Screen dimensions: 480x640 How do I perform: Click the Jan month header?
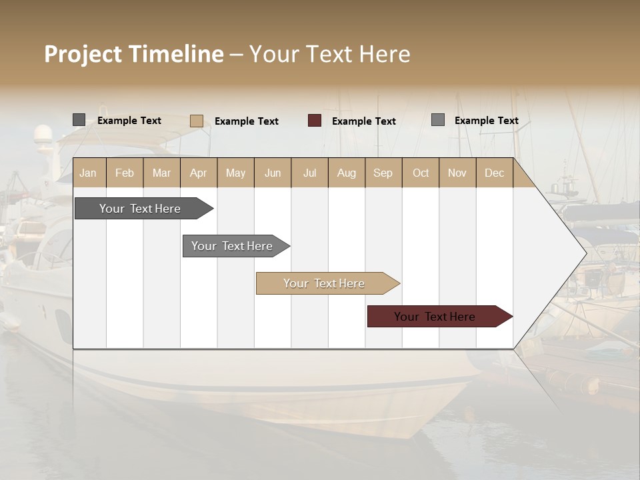click(88, 173)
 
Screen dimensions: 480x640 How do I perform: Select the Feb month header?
click(125, 173)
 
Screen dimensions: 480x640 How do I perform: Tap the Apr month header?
click(198, 173)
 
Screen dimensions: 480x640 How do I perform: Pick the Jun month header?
click(273, 173)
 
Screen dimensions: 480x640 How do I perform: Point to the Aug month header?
click(347, 173)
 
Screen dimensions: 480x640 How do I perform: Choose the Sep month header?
click(383, 173)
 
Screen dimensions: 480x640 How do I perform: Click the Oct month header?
click(421, 173)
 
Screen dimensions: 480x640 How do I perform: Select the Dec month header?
click(494, 173)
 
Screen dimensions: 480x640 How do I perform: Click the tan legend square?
click(196, 121)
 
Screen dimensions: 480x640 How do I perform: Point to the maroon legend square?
click(315, 121)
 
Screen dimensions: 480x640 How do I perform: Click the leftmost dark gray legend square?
click(79, 120)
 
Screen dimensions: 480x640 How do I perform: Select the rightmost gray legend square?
click(438, 120)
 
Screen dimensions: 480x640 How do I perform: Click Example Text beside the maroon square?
click(364, 121)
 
